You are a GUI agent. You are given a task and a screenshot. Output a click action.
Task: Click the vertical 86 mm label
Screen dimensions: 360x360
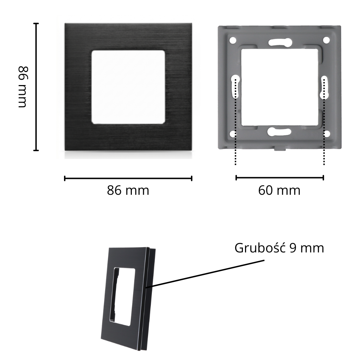tap(23, 87)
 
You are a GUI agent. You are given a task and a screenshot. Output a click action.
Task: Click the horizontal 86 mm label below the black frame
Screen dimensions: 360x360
tap(128, 190)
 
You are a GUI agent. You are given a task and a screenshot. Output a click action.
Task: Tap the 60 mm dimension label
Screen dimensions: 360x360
tap(279, 190)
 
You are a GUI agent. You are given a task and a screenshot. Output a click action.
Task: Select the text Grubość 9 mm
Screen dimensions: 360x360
tap(279, 248)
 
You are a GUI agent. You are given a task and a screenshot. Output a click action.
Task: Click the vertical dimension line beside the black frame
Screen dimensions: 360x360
tap(36, 87)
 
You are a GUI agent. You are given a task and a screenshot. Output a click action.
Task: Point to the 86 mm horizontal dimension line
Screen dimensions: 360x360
tap(128, 178)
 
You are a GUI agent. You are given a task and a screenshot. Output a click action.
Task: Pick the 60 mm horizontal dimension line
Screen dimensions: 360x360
tap(279, 178)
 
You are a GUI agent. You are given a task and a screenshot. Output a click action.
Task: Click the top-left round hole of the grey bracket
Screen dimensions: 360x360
tap(233, 40)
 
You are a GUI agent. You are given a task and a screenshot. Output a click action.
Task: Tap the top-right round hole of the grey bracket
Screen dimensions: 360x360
tap(326, 40)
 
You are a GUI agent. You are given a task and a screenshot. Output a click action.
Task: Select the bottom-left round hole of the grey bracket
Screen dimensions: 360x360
tap(233, 134)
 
